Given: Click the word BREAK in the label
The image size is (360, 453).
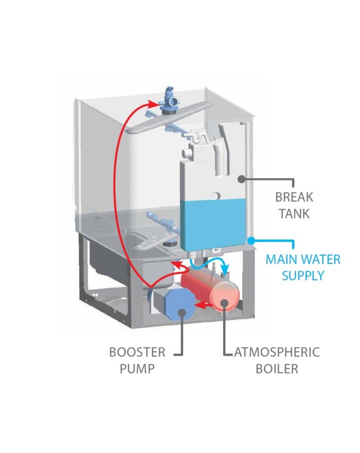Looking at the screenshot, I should (294, 197).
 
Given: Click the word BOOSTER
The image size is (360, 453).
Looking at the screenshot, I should (137, 353).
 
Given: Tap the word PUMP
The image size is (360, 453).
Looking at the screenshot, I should (137, 369).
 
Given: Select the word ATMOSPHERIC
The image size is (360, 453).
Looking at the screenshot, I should (277, 353).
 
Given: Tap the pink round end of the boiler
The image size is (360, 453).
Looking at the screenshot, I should (225, 299).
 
